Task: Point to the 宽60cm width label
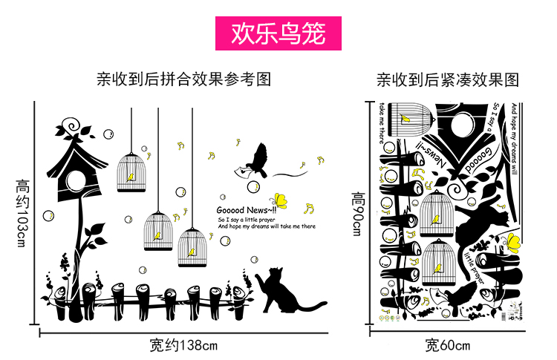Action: pos(447,344)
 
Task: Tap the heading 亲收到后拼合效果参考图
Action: pos(183,79)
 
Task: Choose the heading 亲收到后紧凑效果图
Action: pos(447,79)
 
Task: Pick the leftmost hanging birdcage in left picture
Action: pos(131,171)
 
